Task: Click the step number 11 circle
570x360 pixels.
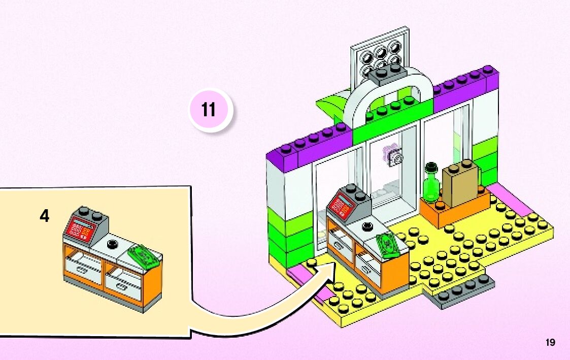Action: [x=209, y=110]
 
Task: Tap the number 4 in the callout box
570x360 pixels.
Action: [x=45, y=216]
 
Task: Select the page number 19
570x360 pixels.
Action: [x=550, y=342]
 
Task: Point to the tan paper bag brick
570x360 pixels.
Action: [x=461, y=184]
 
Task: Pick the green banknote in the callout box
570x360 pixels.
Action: [x=144, y=254]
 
